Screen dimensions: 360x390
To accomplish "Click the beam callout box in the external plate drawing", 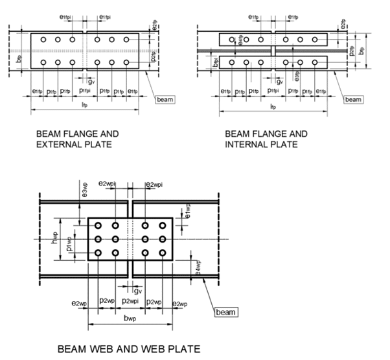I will [164, 99].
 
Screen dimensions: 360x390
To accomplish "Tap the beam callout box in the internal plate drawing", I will [352, 99].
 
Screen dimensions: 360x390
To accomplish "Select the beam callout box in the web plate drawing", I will [226, 313].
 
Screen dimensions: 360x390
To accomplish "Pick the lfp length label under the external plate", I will [85, 104].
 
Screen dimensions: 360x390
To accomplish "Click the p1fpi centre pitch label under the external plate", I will [85, 91].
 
